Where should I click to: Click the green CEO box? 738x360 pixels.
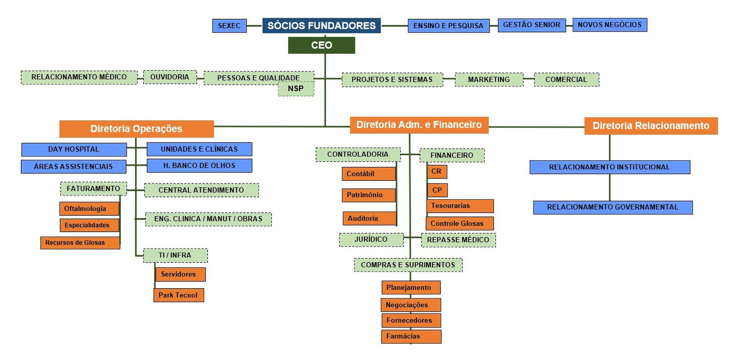pos(321,45)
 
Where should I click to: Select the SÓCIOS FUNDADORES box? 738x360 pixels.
pos(321,25)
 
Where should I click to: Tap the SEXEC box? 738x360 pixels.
pos(229,26)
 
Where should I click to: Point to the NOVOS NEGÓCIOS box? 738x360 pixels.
pos(610,25)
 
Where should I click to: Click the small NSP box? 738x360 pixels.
pos(296,89)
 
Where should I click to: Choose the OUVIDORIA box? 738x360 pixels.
pos(170,77)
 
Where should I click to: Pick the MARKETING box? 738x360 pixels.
pos(489,80)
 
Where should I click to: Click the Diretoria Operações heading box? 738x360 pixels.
pos(136,129)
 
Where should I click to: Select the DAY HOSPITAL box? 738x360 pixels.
pos(74,149)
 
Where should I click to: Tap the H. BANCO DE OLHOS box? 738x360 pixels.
pos(199,166)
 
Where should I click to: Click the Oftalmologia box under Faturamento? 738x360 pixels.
pos(89,209)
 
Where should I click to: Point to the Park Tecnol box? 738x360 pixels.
pos(178,295)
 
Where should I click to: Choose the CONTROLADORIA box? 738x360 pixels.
pos(358,155)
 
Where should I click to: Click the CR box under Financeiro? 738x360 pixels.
pos(437,171)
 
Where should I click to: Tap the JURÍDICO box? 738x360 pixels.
pos(371,239)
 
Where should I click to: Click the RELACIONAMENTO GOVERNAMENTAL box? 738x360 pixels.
pos(613,207)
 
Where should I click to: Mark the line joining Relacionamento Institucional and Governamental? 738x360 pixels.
pos(610,187)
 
